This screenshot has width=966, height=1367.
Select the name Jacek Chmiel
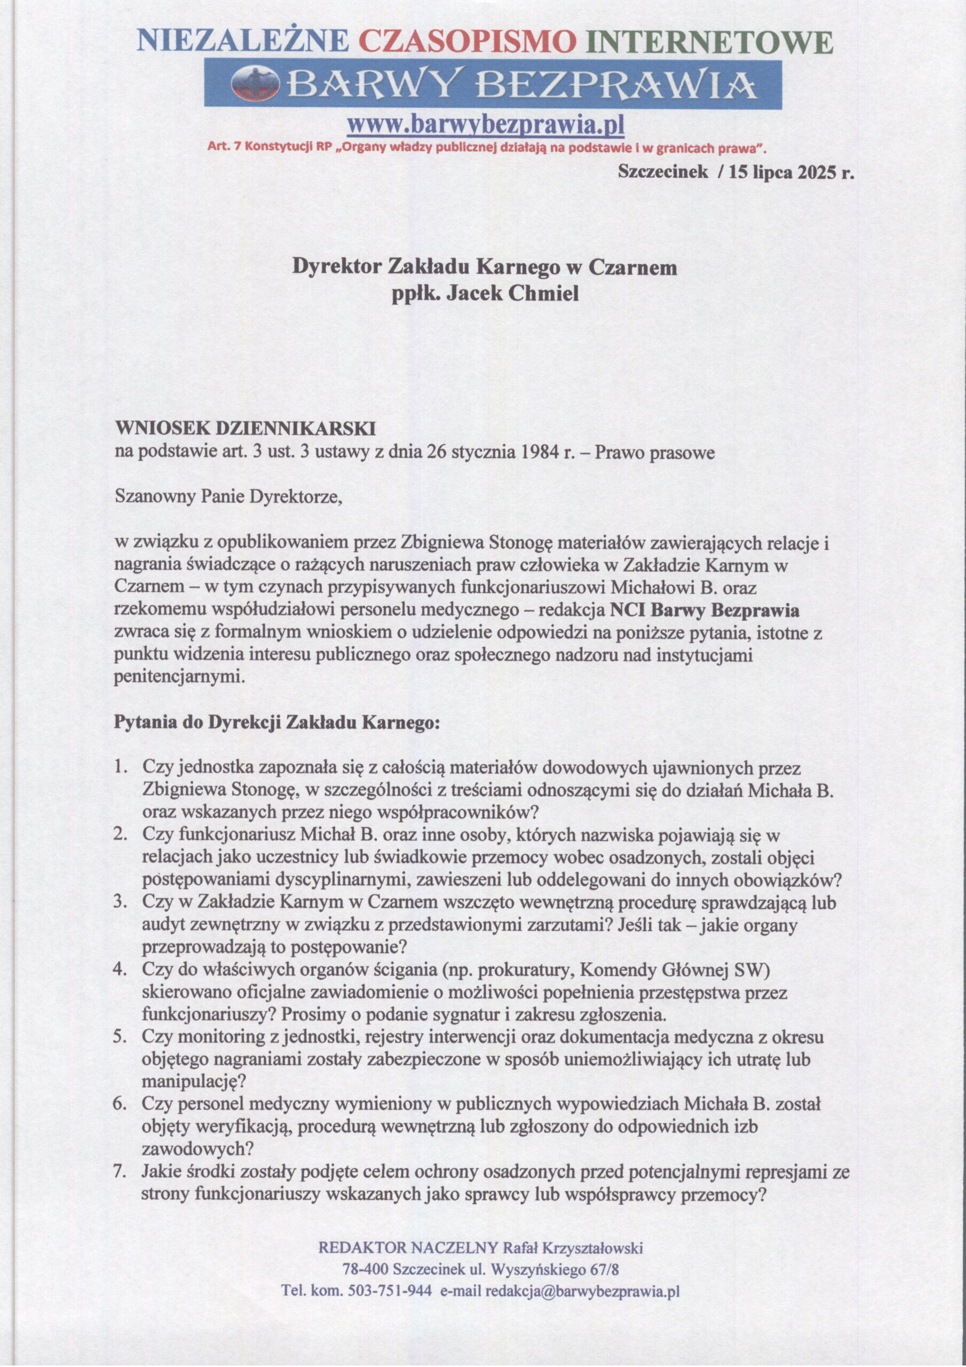click(508, 294)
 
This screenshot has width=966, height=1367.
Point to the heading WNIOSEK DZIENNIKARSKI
click(244, 429)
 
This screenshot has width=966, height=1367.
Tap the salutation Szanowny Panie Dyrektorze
click(229, 497)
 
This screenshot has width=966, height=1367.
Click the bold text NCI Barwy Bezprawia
click(704, 610)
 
